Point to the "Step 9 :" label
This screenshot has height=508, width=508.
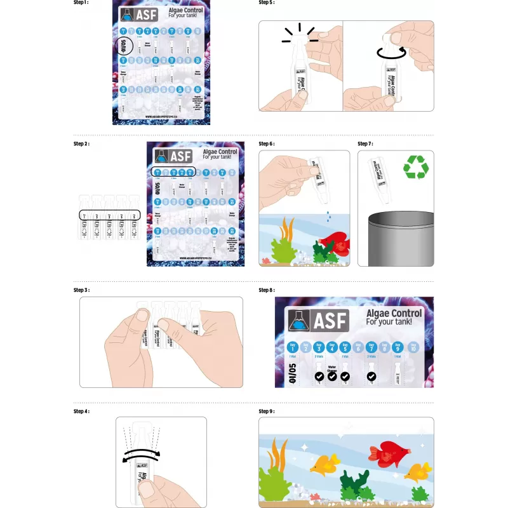(x=267, y=411)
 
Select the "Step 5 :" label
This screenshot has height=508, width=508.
(x=267, y=3)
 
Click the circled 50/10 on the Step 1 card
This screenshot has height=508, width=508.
(x=123, y=45)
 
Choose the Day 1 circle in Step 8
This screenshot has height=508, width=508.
(x=293, y=347)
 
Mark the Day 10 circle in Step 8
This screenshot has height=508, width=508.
(x=413, y=347)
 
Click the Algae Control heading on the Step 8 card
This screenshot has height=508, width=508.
(x=394, y=314)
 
